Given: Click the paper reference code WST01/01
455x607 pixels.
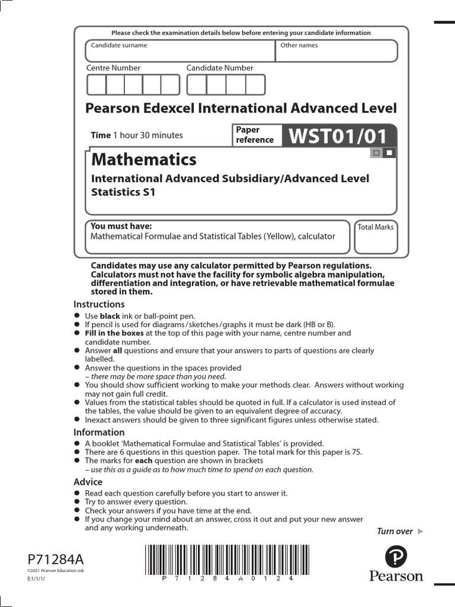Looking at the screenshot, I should [338, 136].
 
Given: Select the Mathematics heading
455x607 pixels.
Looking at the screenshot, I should [143, 159].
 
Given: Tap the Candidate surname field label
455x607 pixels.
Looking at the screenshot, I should [118, 45].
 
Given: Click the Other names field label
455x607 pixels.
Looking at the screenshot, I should [299, 45].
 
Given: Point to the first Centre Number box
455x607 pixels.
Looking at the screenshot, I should [97, 85].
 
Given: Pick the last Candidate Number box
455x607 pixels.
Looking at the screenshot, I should [255, 85].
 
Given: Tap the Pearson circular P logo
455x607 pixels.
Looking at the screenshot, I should [396, 557].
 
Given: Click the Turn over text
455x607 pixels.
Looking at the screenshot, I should [395, 531].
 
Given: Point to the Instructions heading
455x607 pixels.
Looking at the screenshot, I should [99, 304].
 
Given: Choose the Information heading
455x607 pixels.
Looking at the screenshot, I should [99, 432].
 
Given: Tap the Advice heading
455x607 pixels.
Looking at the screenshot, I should [88, 482].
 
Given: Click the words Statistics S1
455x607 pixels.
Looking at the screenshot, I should [123, 192].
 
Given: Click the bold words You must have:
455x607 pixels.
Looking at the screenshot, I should [121, 226].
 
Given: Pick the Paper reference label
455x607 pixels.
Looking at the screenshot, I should [255, 135].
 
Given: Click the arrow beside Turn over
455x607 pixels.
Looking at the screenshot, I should [421, 531].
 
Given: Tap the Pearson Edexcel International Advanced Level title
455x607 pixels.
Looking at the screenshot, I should [241, 108].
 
